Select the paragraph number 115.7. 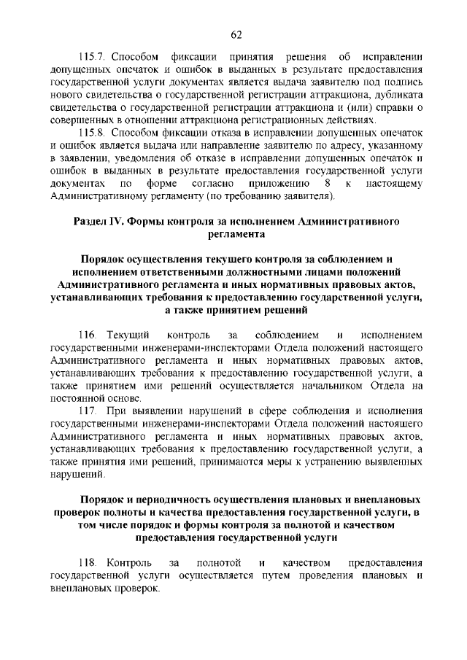tap(92, 56)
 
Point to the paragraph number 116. tap(87, 334)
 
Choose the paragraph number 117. tap(87, 413)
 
